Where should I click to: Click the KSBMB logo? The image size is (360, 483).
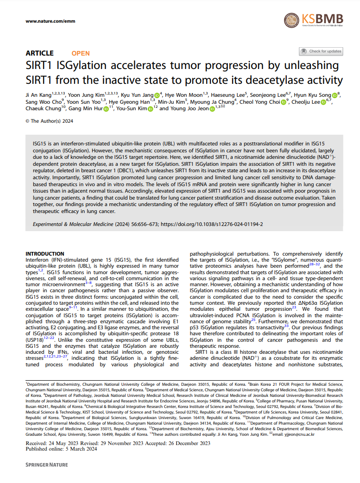click(x=314, y=20)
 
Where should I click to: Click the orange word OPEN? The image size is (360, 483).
click(x=81, y=53)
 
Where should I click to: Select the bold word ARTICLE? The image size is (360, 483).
click(x=39, y=53)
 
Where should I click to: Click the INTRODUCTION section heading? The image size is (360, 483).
click(x=44, y=254)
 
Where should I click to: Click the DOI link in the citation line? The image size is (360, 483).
click(x=214, y=224)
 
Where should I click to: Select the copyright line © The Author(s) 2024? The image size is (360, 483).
click(x=49, y=121)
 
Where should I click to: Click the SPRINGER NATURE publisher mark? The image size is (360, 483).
click(x=46, y=464)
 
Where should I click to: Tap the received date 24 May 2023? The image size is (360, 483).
click(x=69, y=443)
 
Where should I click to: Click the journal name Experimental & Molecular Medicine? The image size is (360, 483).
click(x=73, y=224)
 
